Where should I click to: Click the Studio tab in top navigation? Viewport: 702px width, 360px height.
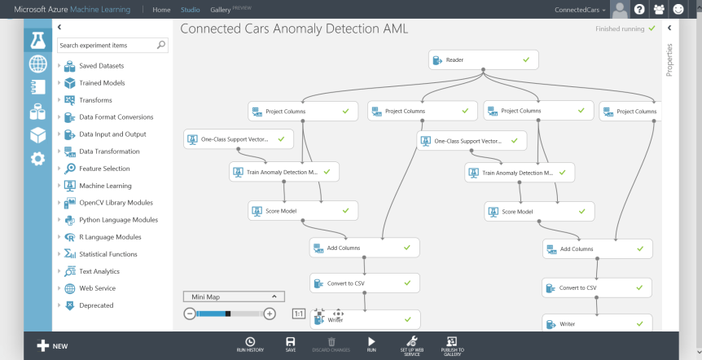[191, 10]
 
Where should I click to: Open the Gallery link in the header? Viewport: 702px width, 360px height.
[220, 10]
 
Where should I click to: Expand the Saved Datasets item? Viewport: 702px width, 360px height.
[101, 65]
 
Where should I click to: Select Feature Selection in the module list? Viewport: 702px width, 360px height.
[103, 169]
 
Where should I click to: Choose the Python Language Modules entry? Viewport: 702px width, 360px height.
[118, 220]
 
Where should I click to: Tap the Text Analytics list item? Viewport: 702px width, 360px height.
[99, 271]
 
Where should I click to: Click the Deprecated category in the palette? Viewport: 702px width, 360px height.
[96, 305]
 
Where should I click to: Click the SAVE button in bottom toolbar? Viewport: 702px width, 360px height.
[291, 345]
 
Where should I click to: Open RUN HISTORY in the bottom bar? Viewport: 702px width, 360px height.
[250, 345]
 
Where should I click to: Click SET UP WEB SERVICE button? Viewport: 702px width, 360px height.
[411, 345]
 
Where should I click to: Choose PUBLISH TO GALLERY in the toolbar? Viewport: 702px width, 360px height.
[452, 345]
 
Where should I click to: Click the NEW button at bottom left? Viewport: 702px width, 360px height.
[52, 345]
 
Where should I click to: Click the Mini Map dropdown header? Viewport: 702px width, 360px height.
[233, 296]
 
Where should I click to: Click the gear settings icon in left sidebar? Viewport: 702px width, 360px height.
[37, 158]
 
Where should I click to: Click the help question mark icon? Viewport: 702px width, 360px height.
[639, 10]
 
